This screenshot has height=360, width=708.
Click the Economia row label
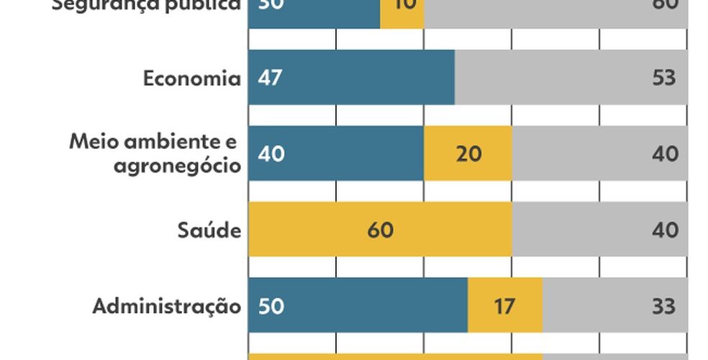point(191,78)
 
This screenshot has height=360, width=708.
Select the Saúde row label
point(209,230)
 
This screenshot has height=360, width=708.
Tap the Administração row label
point(166,306)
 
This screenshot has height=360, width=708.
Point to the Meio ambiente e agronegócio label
point(154,153)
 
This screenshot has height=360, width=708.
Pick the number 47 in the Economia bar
point(271,78)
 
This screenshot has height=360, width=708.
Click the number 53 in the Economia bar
point(664,78)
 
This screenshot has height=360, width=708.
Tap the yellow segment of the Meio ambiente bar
point(468,153)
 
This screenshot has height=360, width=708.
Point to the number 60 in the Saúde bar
point(380,230)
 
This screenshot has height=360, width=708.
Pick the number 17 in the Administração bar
point(505,306)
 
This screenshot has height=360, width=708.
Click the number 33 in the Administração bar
point(664,306)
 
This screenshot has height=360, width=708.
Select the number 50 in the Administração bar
point(271,306)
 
